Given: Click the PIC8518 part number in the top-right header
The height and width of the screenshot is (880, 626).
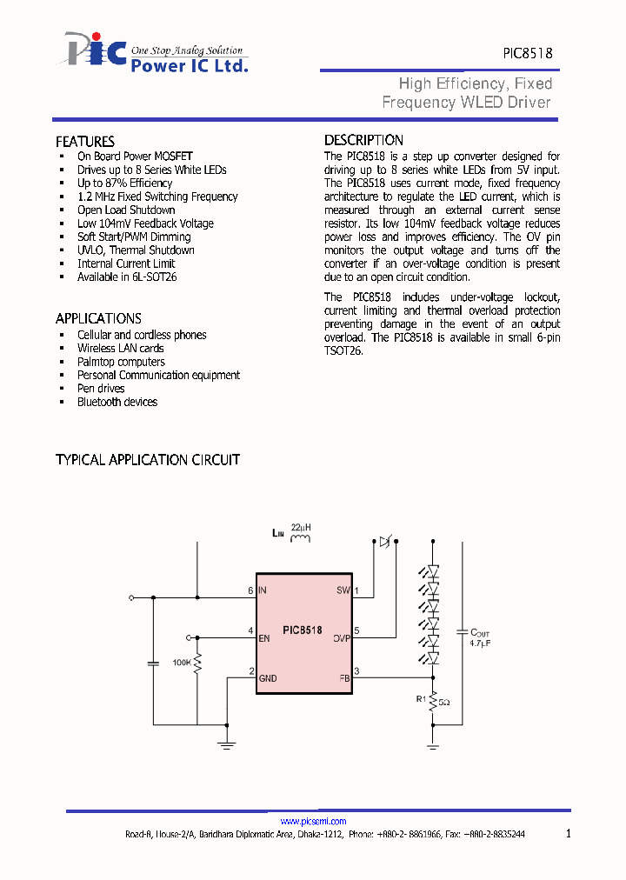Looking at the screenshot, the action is click(527, 53).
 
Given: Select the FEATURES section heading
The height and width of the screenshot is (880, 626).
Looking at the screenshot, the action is click(85, 142).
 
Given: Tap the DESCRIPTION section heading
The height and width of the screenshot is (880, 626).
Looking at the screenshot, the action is click(363, 140).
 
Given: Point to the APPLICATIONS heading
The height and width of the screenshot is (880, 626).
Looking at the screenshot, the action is click(98, 318).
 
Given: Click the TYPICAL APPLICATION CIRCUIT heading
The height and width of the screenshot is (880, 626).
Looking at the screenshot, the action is click(148, 460).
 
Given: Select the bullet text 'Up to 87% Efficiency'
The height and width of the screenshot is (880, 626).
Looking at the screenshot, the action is click(124, 183).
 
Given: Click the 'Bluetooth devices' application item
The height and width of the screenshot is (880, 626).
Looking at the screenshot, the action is click(117, 402).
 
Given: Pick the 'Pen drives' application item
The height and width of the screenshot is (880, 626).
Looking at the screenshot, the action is click(101, 389).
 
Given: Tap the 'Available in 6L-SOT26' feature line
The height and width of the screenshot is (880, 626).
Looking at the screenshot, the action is click(127, 277).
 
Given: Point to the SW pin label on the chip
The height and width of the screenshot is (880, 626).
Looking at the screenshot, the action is click(343, 591).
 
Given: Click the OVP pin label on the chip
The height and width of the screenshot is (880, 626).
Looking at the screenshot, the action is click(341, 637).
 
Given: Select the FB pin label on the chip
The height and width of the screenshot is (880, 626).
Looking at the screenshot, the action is click(343, 678).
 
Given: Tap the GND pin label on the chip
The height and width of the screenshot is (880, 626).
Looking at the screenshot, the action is click(268, 678).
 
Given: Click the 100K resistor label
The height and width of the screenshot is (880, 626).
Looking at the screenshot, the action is click(182, 663).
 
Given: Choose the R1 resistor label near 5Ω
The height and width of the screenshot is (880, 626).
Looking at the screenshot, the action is click(421, 698).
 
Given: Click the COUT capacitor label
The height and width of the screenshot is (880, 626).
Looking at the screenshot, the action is click(480, 634).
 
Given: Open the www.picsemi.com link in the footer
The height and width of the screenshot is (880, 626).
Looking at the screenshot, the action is click(313, 822).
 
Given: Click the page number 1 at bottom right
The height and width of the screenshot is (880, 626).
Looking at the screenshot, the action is click(569, 834).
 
